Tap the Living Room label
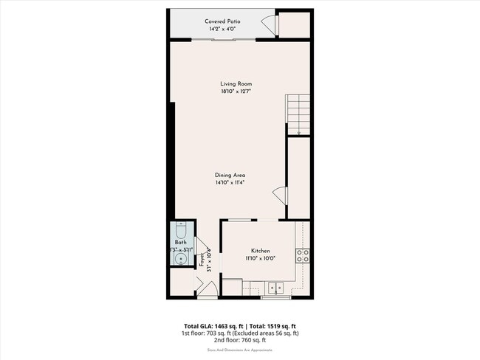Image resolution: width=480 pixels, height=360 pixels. pos(236,84)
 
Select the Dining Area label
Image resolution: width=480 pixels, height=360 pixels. pos(230,174)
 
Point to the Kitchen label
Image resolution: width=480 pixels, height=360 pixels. pos(259,251)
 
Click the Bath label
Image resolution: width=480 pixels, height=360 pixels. pos(180,243)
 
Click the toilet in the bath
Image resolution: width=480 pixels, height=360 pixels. pos(181,229)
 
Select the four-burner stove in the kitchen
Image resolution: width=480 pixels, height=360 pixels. pos(302,256)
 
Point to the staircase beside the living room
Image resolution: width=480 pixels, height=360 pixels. pos(298,114)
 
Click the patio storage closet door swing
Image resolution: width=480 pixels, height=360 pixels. pos(270,25)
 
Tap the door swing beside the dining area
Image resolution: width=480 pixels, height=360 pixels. pos(280,195)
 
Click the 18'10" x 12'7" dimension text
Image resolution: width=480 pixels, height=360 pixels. pos(236,91)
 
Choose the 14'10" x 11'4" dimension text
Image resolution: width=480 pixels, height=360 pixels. pos(230,182)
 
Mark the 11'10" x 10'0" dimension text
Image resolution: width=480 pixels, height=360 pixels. pos(259,259)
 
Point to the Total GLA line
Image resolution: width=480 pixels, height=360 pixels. pos(239,325)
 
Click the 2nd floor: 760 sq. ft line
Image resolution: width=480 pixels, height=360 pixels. pos(239,341)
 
